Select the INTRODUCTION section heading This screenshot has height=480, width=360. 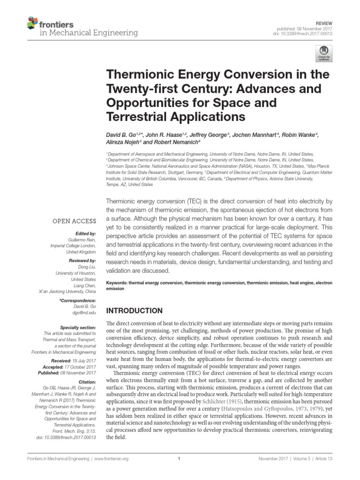pos(135,311)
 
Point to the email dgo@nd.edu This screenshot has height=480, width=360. pos(85,312)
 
